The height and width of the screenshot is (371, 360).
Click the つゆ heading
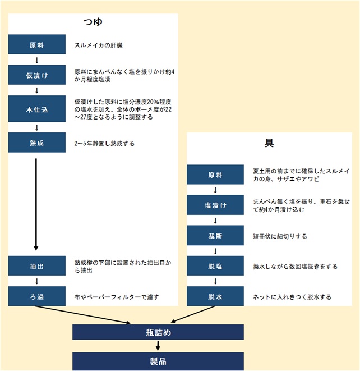coord(93,23)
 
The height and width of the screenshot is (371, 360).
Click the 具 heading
coord(269,143)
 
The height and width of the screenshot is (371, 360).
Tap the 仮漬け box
coord(36,74)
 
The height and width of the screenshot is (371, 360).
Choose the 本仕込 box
coord(36,109)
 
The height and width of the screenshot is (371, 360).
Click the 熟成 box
coord(36,143)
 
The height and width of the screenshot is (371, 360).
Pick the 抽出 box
coord(36,265)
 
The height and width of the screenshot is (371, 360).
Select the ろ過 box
coord(36,296)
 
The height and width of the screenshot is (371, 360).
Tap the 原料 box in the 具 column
coord(215,175)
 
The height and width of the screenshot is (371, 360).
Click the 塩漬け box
coord(215,205)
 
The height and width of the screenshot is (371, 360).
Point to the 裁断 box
coord(215,236)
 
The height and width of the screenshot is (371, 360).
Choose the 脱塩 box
coord(215,266)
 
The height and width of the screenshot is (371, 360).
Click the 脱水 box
coord(215,296)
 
